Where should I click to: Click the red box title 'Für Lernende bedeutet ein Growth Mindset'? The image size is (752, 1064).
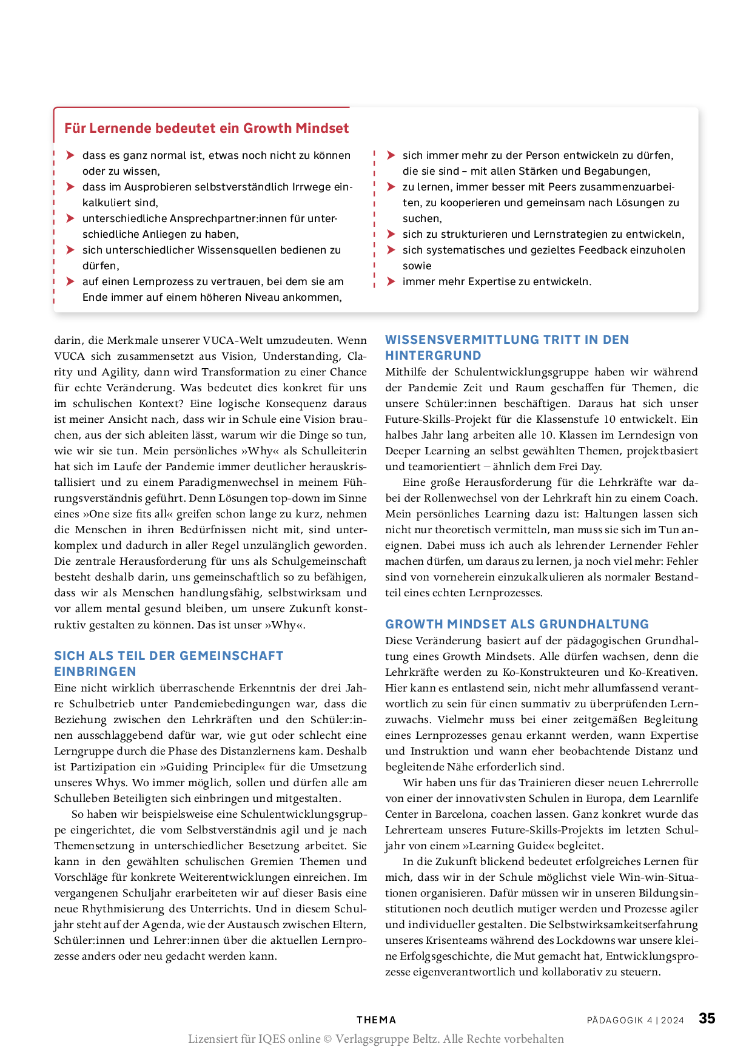click(x=206, y=129)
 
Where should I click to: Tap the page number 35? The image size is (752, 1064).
click(x=707, y=1019)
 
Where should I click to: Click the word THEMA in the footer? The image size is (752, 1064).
click(x=376, y=1020)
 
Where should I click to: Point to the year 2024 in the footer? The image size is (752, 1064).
click(x=673, y=1020)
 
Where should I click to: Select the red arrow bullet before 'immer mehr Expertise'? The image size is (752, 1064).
click(x=391, y=281)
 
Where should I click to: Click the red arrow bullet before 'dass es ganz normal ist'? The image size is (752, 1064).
click(x=71, y=155)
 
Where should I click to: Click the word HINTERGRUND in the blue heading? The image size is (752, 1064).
click(x=433, y=355)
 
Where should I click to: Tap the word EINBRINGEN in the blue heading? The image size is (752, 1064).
click(x=95, y=672)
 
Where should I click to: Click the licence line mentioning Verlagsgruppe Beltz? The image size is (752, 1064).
click(x=375, y=1039)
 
